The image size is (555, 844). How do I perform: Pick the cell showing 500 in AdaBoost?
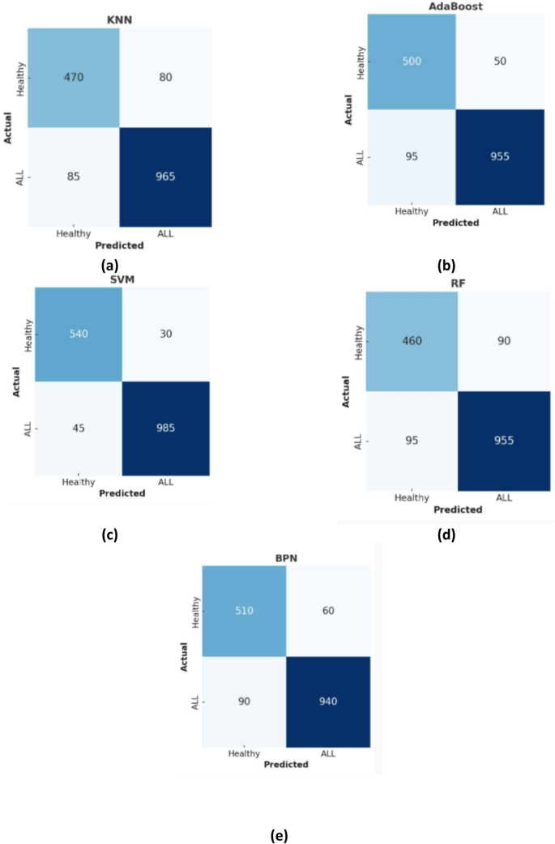412,62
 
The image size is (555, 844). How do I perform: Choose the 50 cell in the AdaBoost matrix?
498,62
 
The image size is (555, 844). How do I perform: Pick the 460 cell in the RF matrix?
412,341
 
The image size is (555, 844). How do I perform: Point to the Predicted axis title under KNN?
119,245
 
